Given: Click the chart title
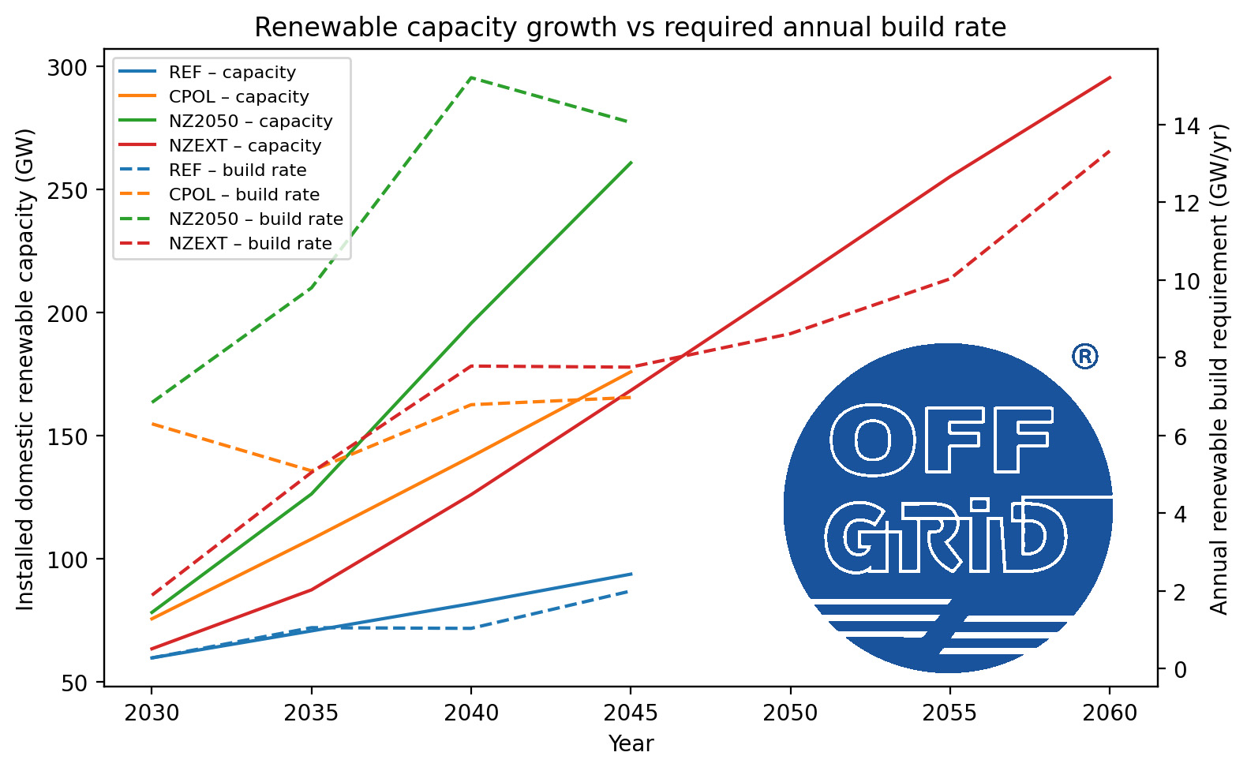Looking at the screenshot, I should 630,28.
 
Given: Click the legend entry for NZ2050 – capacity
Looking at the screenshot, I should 250,122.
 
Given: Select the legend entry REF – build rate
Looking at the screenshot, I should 237,170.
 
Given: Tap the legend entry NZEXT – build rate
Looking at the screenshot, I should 250,244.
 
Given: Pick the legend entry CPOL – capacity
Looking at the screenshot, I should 238,97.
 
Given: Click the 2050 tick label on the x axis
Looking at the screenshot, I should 790,713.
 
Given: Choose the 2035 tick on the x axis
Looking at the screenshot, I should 311,713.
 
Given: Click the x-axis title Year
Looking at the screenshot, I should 630,744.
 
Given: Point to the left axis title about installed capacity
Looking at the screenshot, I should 26,369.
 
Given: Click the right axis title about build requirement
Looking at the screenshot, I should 1219,369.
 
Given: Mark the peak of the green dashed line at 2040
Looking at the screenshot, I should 471,77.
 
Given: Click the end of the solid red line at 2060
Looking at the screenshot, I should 1110,77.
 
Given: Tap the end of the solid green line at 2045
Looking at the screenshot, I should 631,163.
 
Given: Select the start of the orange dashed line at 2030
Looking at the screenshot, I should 152,424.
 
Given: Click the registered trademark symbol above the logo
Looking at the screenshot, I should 1084,357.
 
